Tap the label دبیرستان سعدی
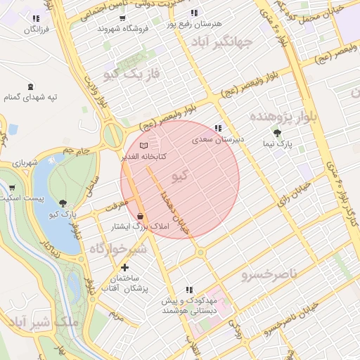click(218, 139)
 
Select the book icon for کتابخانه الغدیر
click(144, 145)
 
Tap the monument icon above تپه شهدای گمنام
click(30, 86)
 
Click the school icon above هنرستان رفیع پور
click(194, 13)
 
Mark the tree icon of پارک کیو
click(64, 202)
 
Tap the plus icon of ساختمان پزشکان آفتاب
click(125, 267)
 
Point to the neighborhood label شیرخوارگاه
click(118, 249)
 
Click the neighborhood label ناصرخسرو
click(269, 272)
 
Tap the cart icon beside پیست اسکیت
click(11, 188)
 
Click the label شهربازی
click(24, 163)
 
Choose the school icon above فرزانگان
click(36, 18)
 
